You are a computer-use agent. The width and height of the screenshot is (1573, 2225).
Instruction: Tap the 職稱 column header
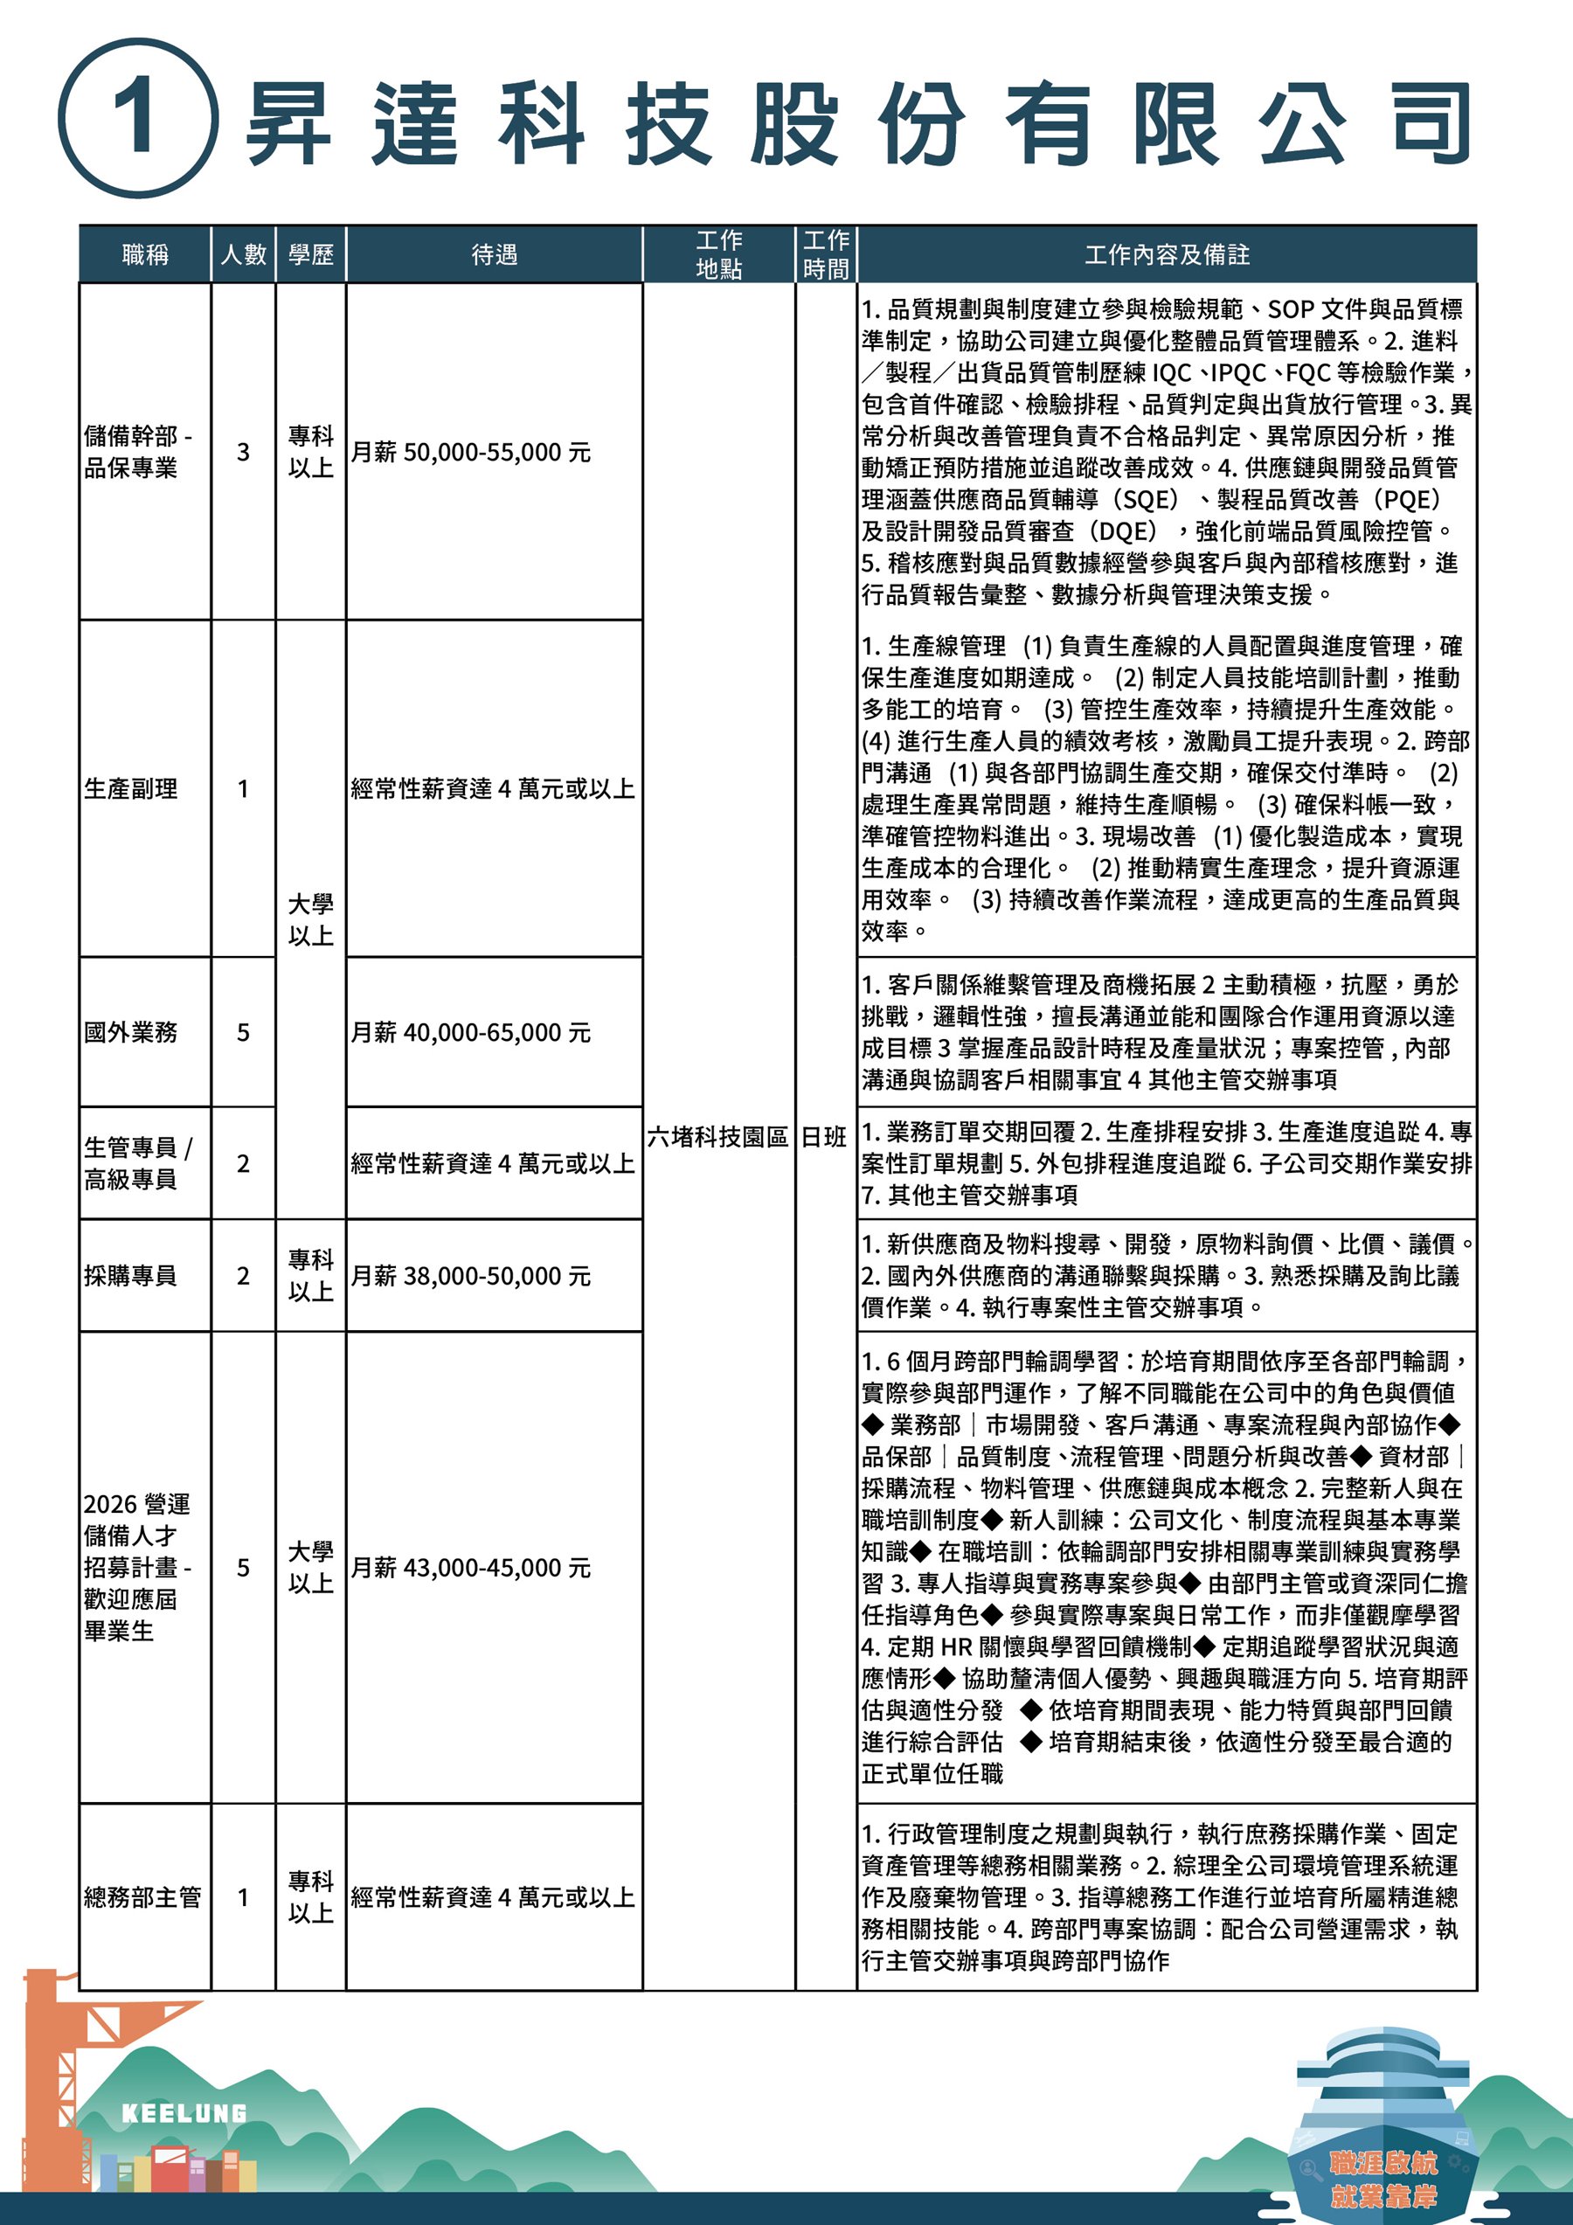coord(145,255)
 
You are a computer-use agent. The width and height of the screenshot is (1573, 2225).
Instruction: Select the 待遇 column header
coord(495,255)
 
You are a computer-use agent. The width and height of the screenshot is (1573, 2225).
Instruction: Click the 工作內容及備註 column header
coord(1166,255)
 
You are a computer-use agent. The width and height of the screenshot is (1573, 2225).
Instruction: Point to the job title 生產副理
coord(131,789)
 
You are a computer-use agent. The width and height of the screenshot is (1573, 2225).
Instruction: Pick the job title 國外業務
coord(131,1032)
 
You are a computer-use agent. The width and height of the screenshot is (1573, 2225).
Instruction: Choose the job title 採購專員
coord(131,1275)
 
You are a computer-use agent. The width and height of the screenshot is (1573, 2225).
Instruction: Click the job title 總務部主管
coord(142,1896)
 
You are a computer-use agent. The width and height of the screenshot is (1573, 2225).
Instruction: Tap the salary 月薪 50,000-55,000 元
coord(470,453)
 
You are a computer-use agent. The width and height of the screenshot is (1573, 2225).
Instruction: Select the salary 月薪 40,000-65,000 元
coord(470,1033)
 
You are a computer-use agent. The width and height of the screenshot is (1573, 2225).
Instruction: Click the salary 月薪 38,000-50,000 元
coord(470,1276)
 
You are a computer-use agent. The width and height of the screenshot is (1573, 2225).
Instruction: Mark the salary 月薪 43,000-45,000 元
coord(470,1568)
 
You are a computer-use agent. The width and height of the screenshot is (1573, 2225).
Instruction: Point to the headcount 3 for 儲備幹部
coord(243,453)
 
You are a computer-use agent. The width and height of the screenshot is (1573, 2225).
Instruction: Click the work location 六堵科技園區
coord(717,1137)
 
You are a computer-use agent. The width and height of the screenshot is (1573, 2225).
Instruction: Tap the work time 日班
coord(825,1137)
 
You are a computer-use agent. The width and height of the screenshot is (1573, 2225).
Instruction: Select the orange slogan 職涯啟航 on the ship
coord(1383,2162)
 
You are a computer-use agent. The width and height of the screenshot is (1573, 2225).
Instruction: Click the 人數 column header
coord(243,255)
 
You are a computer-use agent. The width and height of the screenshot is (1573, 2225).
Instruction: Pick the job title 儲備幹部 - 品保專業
coord(136,453)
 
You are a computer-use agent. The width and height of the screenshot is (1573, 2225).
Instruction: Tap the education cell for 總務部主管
coord(310,1896)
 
